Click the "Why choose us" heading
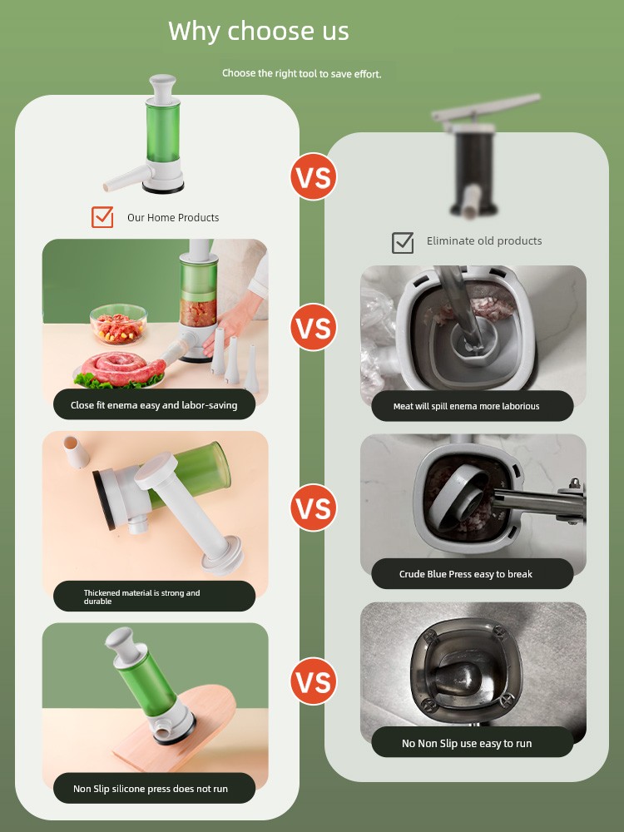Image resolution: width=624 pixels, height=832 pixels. (x=259, y=31)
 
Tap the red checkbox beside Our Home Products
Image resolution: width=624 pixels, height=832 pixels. (x=102, y=217)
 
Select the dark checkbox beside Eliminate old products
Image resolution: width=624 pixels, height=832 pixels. (x=403, y=242)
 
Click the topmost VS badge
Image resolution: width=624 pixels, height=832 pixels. (x=314, y=176)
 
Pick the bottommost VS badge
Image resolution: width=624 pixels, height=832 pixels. (x=314, y=681)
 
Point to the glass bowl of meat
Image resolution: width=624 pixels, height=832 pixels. (x=118, y=324)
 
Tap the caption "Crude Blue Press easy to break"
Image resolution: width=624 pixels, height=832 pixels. (x=465, y=574)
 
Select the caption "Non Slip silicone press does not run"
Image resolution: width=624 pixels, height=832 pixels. (x=150, y=789)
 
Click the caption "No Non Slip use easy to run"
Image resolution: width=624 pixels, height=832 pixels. (x=467, y=743)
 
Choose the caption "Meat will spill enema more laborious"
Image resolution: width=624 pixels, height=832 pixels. (x=466, y=407)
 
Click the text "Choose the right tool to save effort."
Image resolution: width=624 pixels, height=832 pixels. (x=301, y=73)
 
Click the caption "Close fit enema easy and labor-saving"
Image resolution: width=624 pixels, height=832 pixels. (x=154, y=405)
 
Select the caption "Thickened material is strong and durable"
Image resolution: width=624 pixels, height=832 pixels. (x=141, y=597)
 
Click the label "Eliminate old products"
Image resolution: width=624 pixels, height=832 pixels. (x=484, y=241)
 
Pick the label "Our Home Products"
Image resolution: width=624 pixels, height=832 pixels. (x=173, y=217)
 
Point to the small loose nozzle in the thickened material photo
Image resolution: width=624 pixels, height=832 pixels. (x=76, y=452)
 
